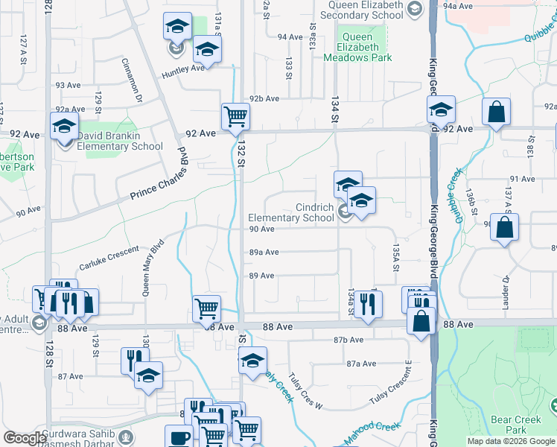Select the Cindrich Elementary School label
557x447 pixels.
pyautogui.click(x=291, y=212)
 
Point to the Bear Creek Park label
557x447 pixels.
pyautogui.click(x=515, y=425)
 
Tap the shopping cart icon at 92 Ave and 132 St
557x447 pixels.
pyautogui.click(x=235, y=116)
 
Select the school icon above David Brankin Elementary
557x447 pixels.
pyautogui.click(x=65, y=124)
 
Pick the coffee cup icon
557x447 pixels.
pyautogui.click(x=178, y=437)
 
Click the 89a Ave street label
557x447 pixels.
pyautogui.click(x=264, y=253)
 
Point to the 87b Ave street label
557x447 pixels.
pyautogui.click(x=348, y=340)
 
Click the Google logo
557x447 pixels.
pyautogui.click(x=25, y=438)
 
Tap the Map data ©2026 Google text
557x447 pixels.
pyautogui.click(x=510, y=441)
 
